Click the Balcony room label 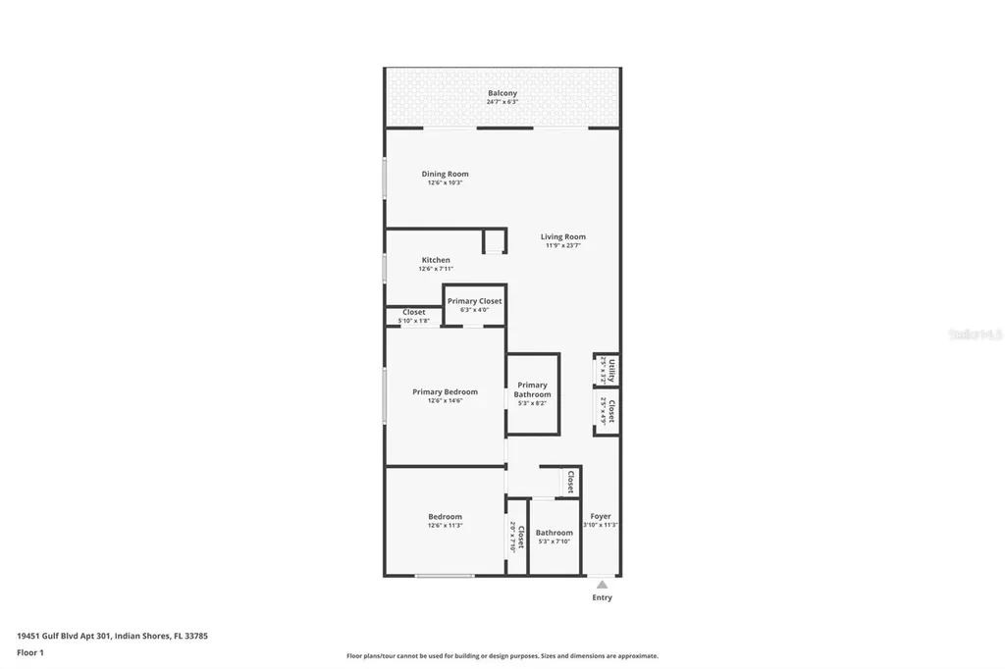502,93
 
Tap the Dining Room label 445,175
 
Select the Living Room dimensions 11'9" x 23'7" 563,245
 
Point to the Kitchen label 436,260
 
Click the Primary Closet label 474,301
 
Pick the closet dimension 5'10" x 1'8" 413,321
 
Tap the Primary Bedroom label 445,392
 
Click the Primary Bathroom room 532,392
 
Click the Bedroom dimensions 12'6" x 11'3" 445,526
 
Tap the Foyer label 601,516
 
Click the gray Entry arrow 602,585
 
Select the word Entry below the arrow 602,597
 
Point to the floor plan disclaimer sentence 502,656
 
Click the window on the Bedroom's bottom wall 445,576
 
